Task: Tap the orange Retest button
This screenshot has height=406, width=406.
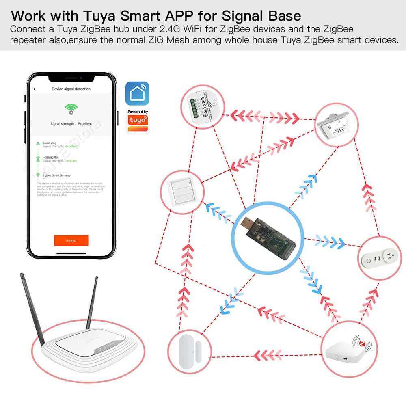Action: tap(71, 240)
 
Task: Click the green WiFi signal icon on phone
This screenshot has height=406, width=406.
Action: tap(71, 108)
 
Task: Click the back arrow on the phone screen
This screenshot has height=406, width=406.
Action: tap(35, 89)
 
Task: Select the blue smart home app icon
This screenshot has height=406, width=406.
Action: tap(137, 93)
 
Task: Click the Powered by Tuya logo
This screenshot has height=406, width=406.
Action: tap(138, 121)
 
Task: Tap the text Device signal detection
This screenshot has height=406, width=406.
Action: tap(71, 89)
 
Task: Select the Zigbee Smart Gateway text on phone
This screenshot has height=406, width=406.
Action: tap(56, 175)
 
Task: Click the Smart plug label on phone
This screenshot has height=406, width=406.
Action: tap(49, 143)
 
